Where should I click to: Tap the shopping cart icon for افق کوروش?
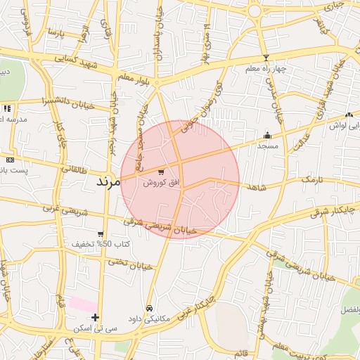[162, 171]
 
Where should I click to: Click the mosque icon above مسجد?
[266, 135]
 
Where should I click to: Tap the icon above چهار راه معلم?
[266, 58]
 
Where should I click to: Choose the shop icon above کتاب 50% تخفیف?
[101, 234]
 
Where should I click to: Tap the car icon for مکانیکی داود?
[149, 308]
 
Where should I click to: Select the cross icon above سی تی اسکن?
[95, 318]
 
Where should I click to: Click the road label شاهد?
[254, 187]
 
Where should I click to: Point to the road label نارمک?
[315, 181]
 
